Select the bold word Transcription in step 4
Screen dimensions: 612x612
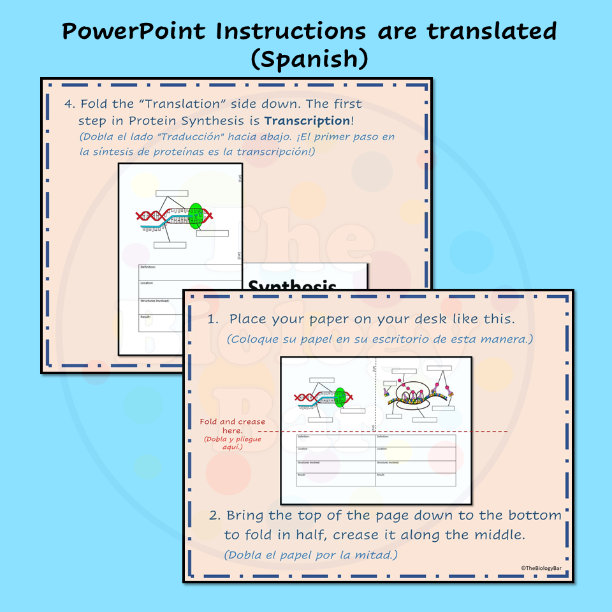click(307, 120)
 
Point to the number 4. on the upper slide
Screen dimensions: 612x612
click(69, 104)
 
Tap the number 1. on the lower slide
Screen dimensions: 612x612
click(213, 319)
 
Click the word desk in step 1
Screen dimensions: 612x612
click(425, 319)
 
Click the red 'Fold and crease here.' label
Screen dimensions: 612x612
click(233, 426)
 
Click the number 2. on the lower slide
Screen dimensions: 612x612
click(215, 515)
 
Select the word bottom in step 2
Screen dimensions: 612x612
click(539, 515)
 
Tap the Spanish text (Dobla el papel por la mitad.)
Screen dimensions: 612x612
click(310, 555)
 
